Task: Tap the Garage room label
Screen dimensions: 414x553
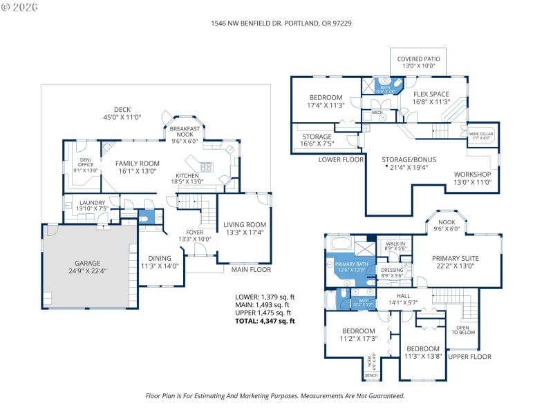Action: click(x=88, y=263)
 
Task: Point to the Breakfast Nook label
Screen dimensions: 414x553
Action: click(x=185, y=132)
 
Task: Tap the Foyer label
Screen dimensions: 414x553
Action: click(x=195, y=233)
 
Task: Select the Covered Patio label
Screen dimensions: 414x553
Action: click(x=418, y=59)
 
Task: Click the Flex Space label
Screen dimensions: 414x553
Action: click(x=431, y=94)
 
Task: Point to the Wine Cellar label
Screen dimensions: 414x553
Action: click(x=481, y=134)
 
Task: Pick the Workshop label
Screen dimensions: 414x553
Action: click(x=472, y=174)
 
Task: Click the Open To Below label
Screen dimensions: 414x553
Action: click(x=461, y=330)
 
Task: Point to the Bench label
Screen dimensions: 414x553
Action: click(x=372, y=375)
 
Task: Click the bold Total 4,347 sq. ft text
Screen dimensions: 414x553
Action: click(x=265, y=321)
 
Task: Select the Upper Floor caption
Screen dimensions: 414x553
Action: click(x=469, y=357)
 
